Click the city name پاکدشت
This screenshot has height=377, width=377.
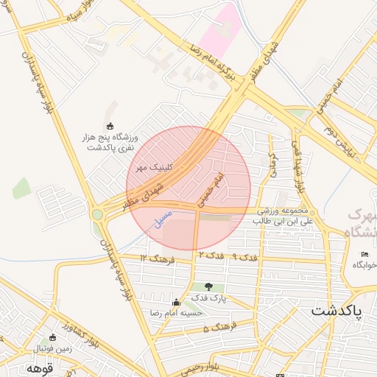337,309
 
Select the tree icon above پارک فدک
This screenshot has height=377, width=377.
208,286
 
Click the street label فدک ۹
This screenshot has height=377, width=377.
244,256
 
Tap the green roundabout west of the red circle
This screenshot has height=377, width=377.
98,214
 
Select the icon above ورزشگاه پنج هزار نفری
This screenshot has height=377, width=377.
110,125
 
